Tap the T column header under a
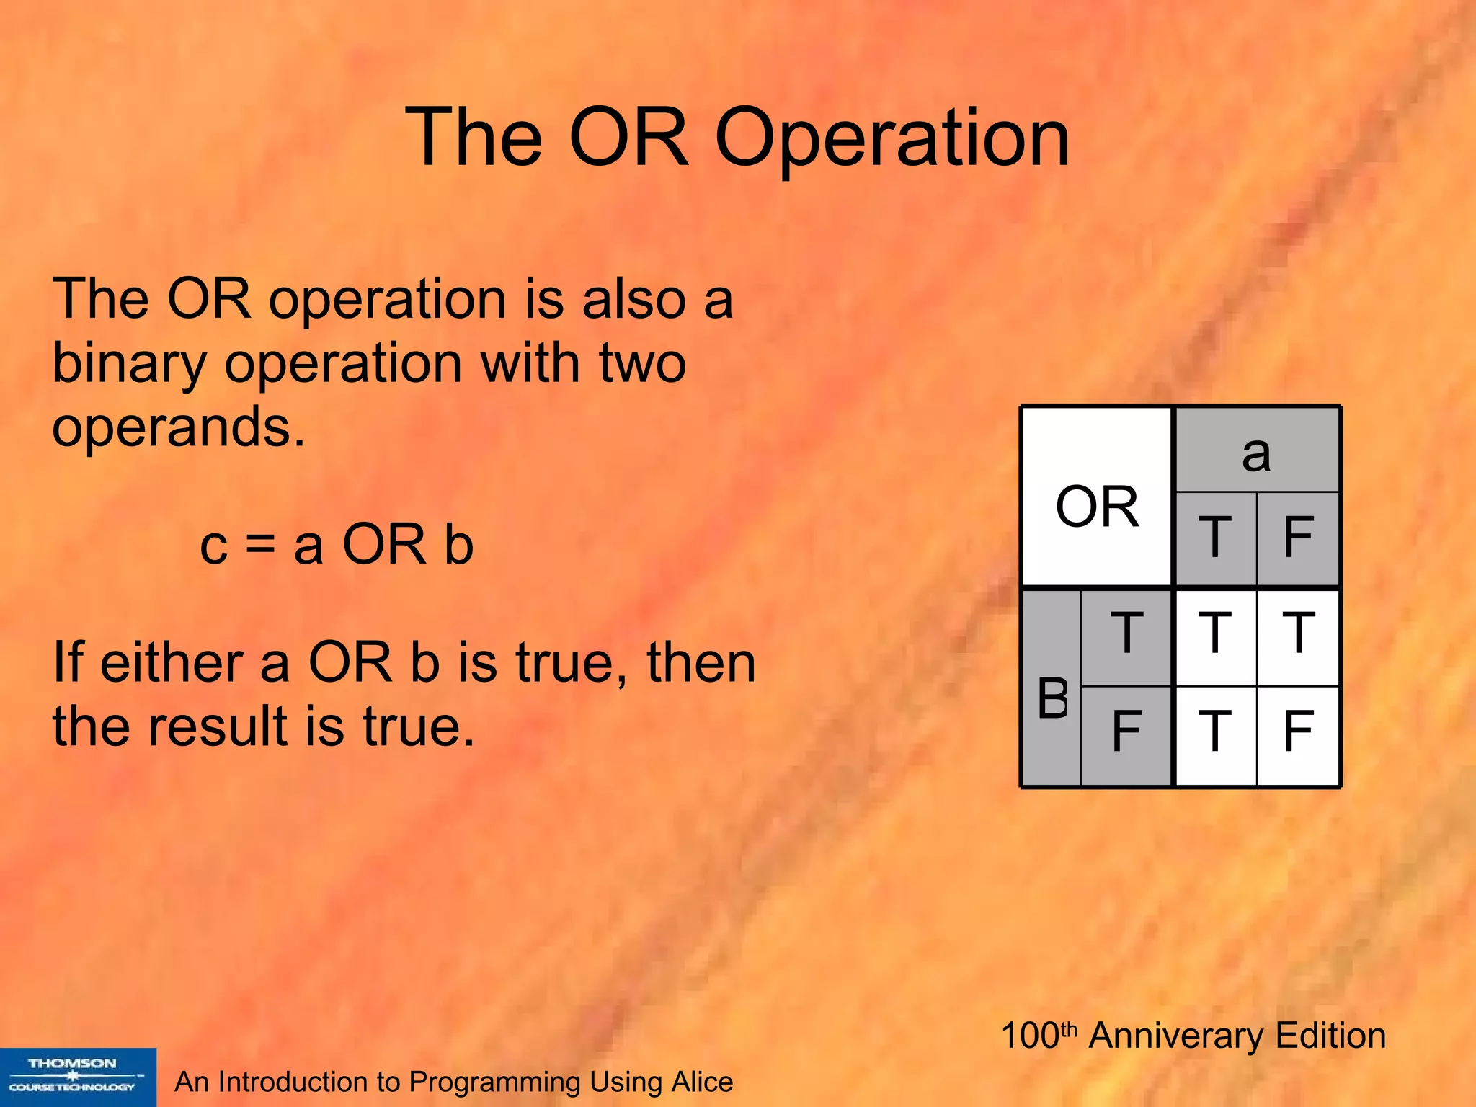pyautogui.click(x=1215, y=537)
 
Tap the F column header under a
pyautogui.click(x=1298, y=537)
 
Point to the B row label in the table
pyautogui.click(x=1052, y=698)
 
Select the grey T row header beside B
pyautogui.click(x=1126, y=633)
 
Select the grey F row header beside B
pyautogui.click(x=1126, y=732)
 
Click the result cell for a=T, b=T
pyautogui.click(x=1215, y=633)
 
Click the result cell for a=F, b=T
pyautogui.click(x=1298, y=633)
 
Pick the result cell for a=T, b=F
pyautogui.click(x=1215, y=732)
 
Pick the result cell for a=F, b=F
pyautogui.click(x=1298, y=732)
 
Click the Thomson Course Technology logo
pyautogui.click(x=77, y=1076)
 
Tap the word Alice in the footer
pyautogui.click(x=702, y=1082)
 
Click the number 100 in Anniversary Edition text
pyautogui.click(x=1030, y=1036)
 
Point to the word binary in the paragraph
pyautogui.click(x=130, y=364)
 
